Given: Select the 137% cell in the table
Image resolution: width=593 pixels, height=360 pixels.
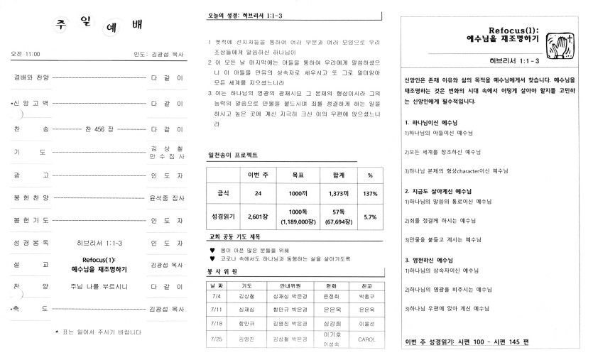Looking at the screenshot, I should pos(369,192).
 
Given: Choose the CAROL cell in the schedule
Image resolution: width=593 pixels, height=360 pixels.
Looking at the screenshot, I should pos(367,339).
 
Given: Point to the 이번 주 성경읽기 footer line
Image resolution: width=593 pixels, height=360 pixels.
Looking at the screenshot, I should pos(472,342).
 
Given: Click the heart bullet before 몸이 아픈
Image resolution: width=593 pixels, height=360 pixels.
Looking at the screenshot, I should pos(212,250).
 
